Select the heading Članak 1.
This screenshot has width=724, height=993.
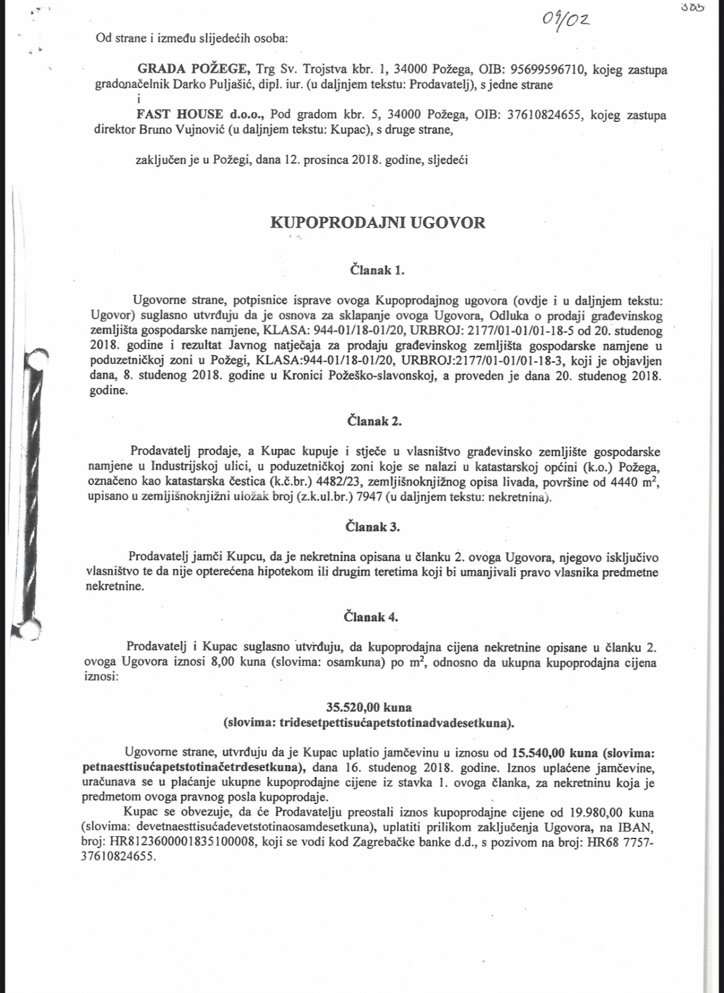(x=377, y=270)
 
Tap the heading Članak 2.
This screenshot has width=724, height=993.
(x=375, y=421)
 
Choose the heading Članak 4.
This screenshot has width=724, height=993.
(x=371, y=617)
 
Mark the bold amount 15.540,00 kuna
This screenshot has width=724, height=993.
(x=556, y=753)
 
